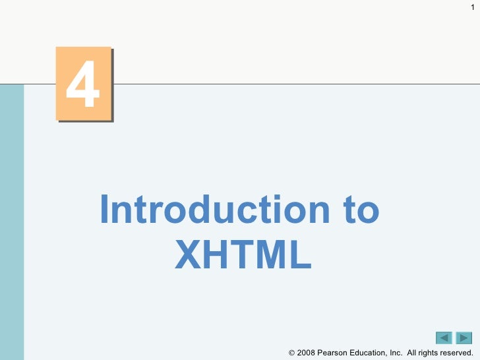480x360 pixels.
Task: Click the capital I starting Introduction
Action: pos(105,210)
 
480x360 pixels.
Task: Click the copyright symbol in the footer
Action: pos(293,354)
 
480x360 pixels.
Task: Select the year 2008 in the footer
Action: pos(307,354)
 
